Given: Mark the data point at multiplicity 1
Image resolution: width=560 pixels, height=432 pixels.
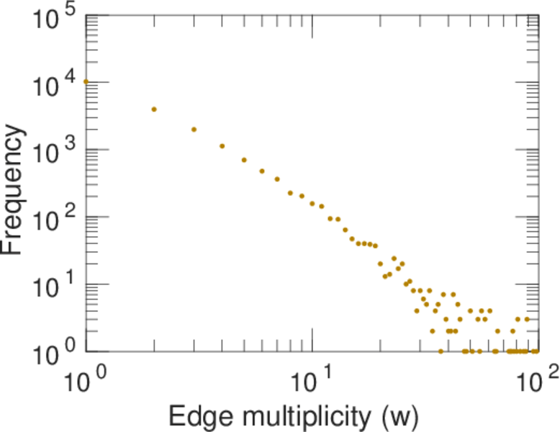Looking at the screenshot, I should pyautogui.click(x=86, y=81).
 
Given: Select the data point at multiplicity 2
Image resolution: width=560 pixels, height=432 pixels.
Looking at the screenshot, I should pyautogui.click(x=154, y=109).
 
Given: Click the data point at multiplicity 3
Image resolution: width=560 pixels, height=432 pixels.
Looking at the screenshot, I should pyautogui.click(x=194, y=130).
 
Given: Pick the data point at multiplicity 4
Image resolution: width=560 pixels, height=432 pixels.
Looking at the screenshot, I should pyautogui.click(x=222, y=146).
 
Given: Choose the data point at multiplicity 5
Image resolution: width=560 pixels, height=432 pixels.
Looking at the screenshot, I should pyautogui.click(x=244, y=160).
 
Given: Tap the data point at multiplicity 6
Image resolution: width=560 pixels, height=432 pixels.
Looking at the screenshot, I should pyautogui.click(x=262, y=171).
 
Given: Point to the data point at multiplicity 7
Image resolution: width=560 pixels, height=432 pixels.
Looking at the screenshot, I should pyautogui.click(x=277, y=179).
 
